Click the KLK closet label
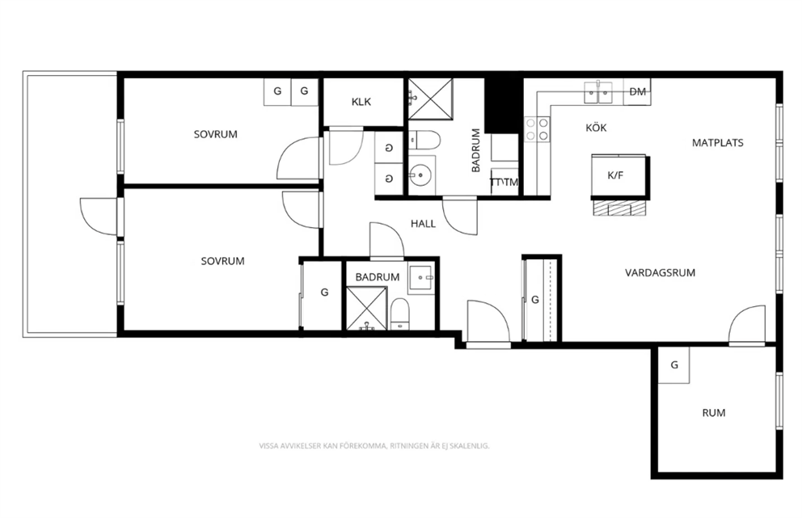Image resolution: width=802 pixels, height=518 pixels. click(361, 102)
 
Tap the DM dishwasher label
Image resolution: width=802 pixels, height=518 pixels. click(637, 92)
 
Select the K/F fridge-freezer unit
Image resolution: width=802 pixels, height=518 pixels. click(620, 176)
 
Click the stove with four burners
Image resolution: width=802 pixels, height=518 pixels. click(537, 128)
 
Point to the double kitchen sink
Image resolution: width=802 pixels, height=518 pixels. click(598, 93)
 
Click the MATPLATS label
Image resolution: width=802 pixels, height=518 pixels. click(718, 143)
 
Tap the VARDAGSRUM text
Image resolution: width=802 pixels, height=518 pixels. click(660, 272)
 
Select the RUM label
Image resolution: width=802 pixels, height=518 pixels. click(714, 413)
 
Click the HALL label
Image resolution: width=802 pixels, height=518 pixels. click(423, 224)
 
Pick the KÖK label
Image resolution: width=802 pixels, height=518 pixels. click(596, 128)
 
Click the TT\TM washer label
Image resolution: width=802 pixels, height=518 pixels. click(504, 182)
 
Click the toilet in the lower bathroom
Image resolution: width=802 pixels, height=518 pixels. click(400, 314)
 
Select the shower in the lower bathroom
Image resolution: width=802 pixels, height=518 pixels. click(366, 309)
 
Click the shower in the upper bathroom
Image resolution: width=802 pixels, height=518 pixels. click(430, 99)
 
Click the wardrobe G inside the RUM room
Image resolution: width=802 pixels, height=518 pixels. click(673, 365)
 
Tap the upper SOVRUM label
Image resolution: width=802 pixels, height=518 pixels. click(215, 134)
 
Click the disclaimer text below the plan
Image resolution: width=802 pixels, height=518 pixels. click(374, 446)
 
